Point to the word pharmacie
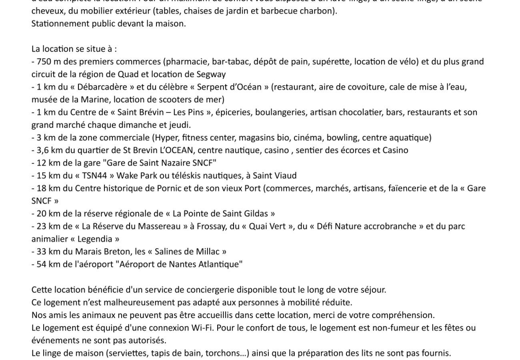[x=187, y=62]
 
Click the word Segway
[x=211, y=74]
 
